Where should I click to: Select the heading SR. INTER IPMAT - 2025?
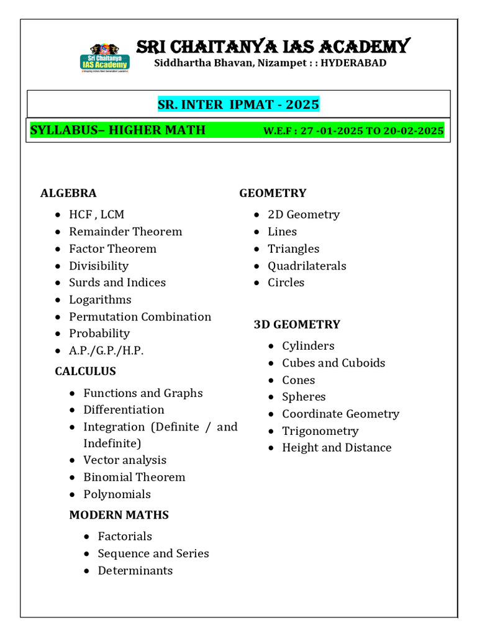[238, 104]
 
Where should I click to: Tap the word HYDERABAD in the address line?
[353, 63]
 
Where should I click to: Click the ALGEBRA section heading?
[68, 193]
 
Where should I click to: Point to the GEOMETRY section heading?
[273, 193]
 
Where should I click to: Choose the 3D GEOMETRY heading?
[297, 324]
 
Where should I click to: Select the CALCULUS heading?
[85, 371]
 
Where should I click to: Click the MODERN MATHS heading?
[119, 515]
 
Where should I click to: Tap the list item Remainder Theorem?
[125, 232]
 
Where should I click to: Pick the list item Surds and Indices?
[117, 283]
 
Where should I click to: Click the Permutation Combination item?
[140, 317]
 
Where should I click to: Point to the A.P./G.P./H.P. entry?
[106, 351]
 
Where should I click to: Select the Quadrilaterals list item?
[307, 266]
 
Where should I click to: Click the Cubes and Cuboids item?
[334, 363]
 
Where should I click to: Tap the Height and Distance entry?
[337, 448]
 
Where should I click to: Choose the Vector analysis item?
[125, 460]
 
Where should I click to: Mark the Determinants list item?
[135, 570]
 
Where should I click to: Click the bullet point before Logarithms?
[58, 300]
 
